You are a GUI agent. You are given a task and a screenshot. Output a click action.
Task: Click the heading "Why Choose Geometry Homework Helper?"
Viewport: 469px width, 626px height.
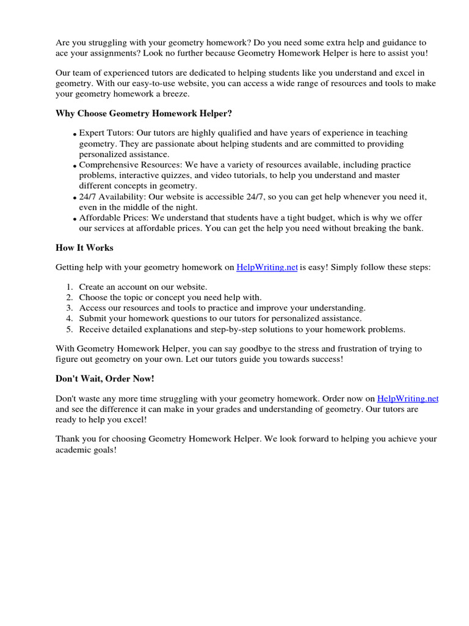[144, 113]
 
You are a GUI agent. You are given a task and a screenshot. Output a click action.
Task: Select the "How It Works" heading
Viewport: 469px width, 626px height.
[84, 248]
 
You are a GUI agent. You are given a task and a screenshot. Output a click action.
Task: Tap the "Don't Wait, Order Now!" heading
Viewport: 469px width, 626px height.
[104, 378]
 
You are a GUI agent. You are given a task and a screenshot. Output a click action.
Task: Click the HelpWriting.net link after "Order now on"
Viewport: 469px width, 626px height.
[408, 398]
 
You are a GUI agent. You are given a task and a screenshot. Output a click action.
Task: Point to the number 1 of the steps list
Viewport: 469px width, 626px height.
[70, 287]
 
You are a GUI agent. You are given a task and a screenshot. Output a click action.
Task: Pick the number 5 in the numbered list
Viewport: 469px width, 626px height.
[70, 329]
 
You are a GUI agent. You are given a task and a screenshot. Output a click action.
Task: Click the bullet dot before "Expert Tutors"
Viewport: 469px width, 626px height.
[75, 134]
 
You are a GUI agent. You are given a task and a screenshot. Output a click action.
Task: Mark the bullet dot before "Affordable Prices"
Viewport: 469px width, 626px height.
[75, 219]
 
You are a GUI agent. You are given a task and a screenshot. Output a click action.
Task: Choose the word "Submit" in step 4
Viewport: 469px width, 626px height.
[93, 319]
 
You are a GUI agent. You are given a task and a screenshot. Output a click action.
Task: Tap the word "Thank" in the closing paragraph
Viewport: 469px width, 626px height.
[67, 439]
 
